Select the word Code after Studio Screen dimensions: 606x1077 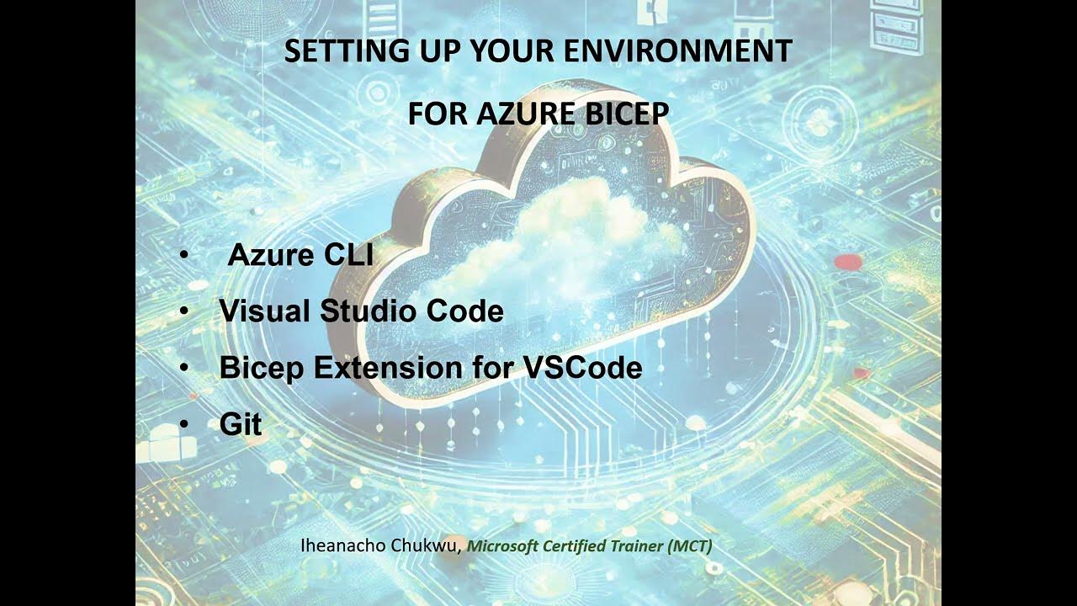(465, 311)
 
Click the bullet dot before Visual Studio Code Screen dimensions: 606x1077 (184, 312)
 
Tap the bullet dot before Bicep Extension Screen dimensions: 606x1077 (184, 369)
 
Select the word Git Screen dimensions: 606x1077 (241, 424)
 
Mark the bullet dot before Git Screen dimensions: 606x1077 (184, 425)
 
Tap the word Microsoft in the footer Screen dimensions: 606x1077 (499, 545)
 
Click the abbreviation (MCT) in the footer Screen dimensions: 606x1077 (690, 545)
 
